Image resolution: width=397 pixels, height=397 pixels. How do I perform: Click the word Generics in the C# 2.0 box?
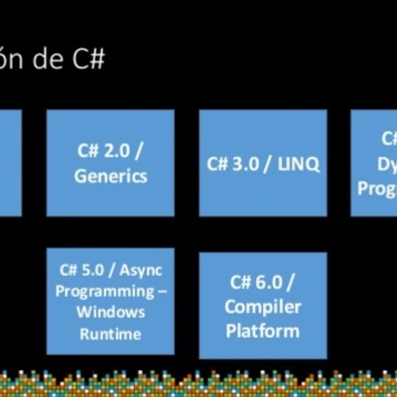110,176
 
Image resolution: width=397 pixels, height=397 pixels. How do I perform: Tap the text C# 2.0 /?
110,152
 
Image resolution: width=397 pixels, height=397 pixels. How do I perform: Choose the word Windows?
112,313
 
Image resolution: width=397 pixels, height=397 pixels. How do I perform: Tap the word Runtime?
111,333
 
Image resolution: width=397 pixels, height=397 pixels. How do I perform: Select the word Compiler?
262,307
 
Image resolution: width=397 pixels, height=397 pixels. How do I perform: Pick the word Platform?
262,330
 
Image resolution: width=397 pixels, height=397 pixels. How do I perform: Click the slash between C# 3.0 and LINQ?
272,164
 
